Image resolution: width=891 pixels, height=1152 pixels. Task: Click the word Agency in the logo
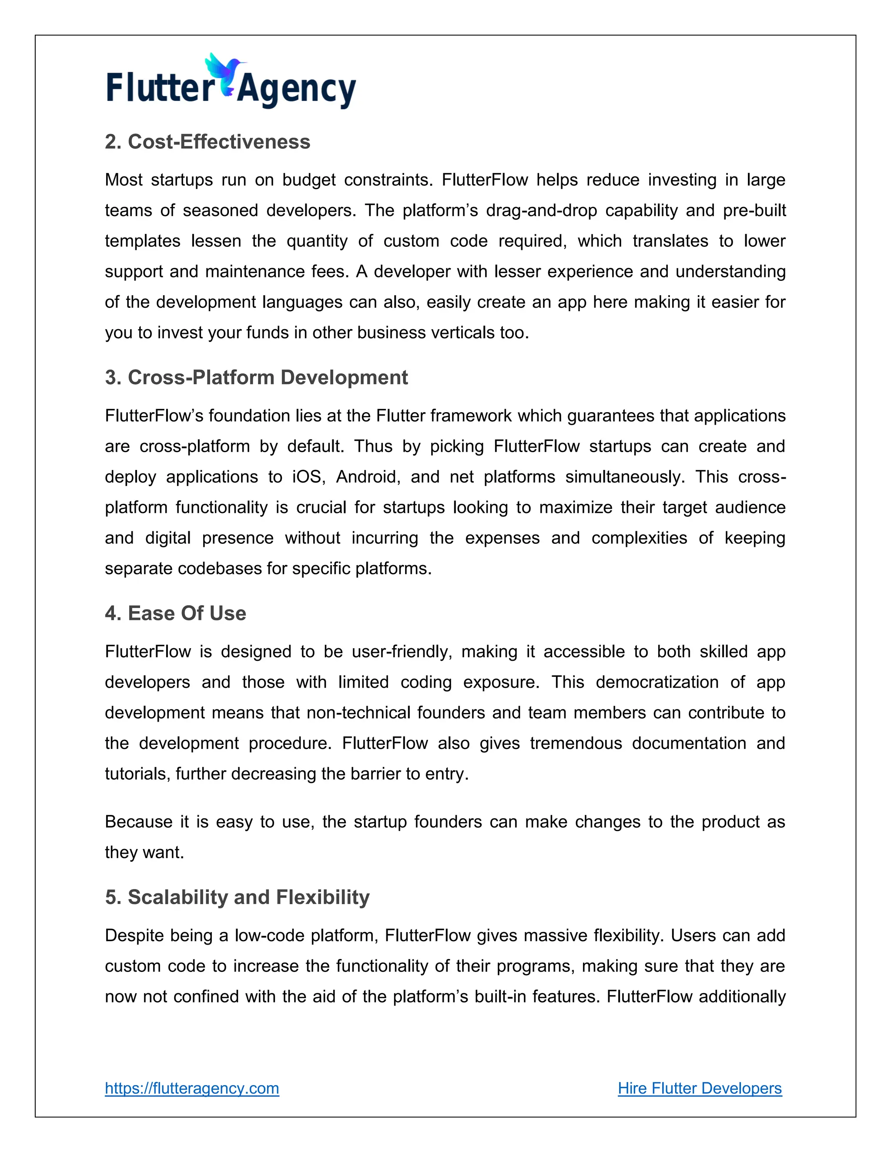(x=297, y=90)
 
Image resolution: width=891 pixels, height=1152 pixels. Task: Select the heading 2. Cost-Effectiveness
(x=208, y=142)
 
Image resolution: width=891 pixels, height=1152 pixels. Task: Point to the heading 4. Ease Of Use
(x=175, y=613)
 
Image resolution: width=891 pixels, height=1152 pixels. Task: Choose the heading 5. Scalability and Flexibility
(x=237, y=897)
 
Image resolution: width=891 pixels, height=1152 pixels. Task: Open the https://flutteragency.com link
(x=191, y=1088)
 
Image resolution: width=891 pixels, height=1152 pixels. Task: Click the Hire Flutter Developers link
(x=700, y=1088)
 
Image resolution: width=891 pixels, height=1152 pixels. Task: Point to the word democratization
(x=657, y=682)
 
